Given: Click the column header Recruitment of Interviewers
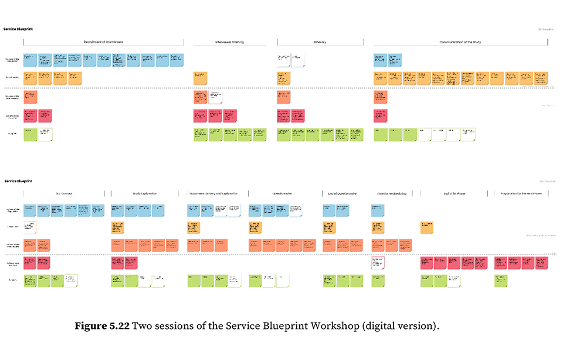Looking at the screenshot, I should (103, 42).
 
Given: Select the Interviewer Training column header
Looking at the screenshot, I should (230, 42).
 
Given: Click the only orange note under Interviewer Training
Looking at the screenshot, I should (201, 77).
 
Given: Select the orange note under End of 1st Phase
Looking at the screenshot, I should (427, 227).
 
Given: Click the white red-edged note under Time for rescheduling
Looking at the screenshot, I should (378, 263).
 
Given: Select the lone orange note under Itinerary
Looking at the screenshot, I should (284, 77).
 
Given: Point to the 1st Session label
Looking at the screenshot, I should (546, 29).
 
